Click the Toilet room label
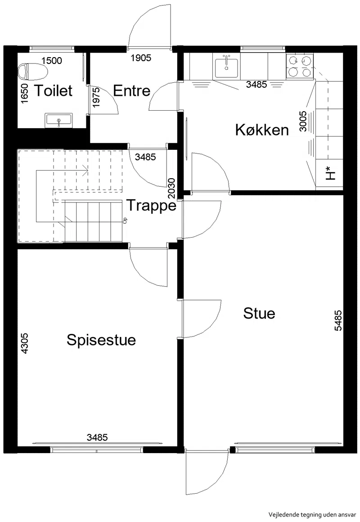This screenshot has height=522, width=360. click(x=54, y=90)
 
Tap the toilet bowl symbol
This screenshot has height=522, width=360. click(x=33, y=71)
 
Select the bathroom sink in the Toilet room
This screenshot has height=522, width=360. click(x=58, y=120)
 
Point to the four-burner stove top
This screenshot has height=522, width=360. click(x=300, y=65)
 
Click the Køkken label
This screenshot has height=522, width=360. click(x=262, y=130)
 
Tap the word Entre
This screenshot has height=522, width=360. click(x=131, y=90)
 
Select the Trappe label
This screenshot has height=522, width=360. click(x=152, y=205)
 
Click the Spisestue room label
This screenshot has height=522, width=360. click(x=101, y=340)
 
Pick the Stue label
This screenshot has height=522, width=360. click(x=259, y=313)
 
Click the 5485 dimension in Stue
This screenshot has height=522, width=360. click(x=338, y=320)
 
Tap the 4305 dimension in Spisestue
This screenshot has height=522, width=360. click(x=25, y=343)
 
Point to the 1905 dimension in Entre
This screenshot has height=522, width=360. click(x=141, y=58)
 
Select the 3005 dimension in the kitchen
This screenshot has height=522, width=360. click(x=303, y=121)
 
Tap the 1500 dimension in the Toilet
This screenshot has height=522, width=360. click(x=52, y=61)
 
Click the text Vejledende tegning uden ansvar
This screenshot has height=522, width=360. click(x=312, y=514)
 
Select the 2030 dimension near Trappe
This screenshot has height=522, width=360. click(x=171, y=188)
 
